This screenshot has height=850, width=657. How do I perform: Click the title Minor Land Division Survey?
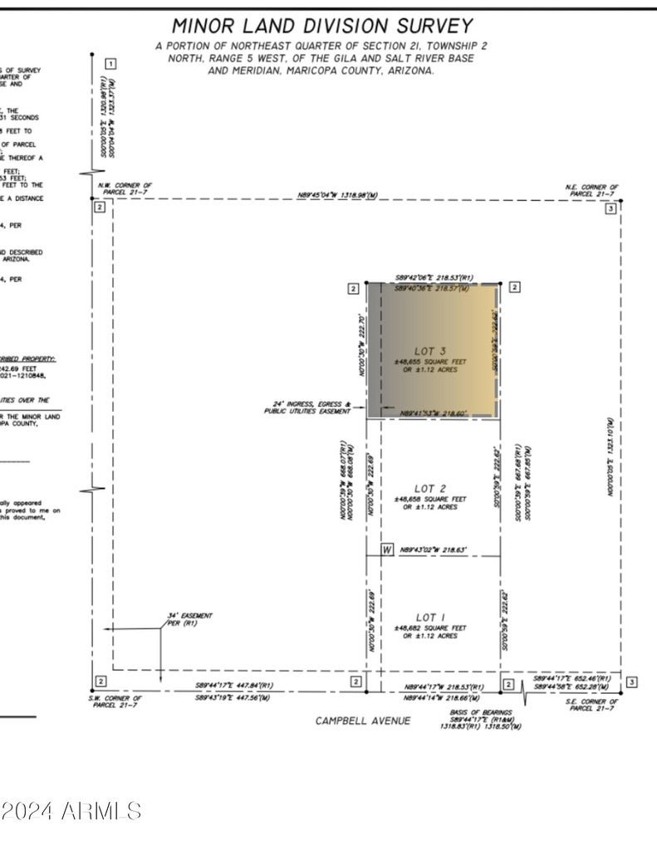tap(322, 26)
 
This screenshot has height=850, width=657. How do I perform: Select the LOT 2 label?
tap(430, 489)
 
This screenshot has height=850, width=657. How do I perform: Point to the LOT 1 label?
tap(430, 617)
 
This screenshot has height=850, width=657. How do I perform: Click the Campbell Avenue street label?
tap(362, 721)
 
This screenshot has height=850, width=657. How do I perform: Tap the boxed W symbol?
tap(387, 550)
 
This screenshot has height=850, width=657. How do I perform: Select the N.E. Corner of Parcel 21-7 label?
tap(591, 190)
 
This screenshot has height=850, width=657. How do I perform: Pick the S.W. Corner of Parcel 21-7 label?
tap(116, 701)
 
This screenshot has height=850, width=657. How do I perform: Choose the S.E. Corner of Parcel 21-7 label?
tap(591, 706)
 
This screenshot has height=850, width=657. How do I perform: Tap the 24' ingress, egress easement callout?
tap(307, 408)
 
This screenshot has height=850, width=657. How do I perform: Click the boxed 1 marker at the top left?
tap(110, 63)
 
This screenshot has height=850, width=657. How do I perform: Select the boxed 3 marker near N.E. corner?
tap(610, 209)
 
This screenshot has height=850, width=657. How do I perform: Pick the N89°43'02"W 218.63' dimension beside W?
tap(434, 550)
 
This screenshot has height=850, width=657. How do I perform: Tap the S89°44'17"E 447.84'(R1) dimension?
tap(234, 686)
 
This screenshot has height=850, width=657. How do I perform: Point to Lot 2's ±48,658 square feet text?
tap(430, 499)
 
